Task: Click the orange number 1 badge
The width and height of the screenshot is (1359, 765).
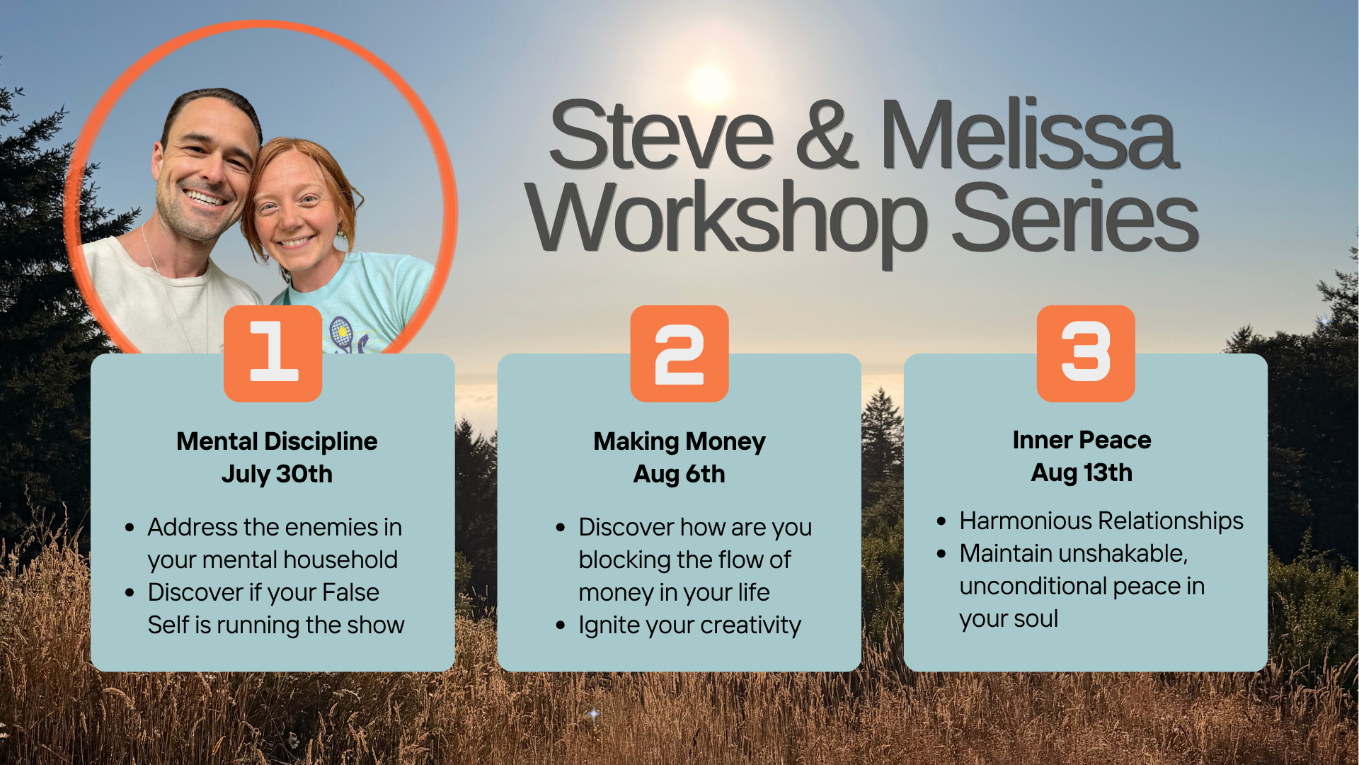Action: (x=273, y=353)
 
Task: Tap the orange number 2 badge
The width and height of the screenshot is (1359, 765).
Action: (x=679, y=353)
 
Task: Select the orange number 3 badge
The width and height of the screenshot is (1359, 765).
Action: (x=1086, y=353)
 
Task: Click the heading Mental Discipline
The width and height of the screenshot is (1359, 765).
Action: (x=277, y=441)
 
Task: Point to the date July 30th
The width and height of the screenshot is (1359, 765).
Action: (x=277, y=474)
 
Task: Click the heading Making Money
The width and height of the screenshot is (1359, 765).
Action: (x=679, y=441)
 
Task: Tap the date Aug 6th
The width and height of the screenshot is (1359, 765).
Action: (x=679, y=474)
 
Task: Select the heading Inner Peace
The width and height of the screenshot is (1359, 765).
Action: (x=1082, y=440)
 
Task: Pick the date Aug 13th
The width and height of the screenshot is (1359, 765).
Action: (x=1082, y=472)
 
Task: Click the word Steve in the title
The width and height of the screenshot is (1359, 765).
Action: (x=661, y=135)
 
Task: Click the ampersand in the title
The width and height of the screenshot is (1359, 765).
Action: (x=826, y=135)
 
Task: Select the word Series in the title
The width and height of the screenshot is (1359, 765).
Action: (x=1074, y=217)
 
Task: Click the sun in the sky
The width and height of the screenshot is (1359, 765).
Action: (x=709, y=85)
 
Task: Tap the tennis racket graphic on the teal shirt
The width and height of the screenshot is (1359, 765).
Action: (x=343, y=333)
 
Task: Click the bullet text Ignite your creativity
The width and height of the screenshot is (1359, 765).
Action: (x=689, y=625)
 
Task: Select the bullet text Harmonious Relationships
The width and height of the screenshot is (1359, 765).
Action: (x=1101, y=521)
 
